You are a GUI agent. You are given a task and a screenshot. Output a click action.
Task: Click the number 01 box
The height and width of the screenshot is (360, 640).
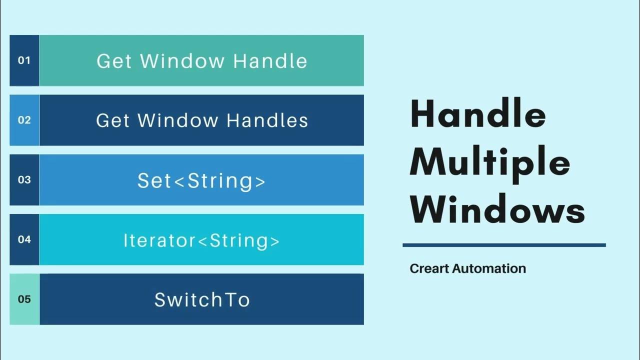click(24, 60)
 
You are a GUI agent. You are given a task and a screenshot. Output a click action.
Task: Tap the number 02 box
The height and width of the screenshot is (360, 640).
click(24, 120)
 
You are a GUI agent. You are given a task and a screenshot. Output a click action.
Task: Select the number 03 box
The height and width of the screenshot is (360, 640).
click(24, 179)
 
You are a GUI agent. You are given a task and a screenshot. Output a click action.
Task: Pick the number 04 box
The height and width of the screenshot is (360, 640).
click(24, 239)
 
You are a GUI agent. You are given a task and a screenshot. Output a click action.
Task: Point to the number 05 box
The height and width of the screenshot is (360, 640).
click(24, 299)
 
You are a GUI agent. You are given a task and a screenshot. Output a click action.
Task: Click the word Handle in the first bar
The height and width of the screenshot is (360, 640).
click(270, 61)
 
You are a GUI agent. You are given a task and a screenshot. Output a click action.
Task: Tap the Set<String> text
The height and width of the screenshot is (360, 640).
click(201, 180)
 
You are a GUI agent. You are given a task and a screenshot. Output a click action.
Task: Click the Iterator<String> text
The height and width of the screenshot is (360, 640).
click(201, 240)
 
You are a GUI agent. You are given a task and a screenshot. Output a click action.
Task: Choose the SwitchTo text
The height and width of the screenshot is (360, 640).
click(201, 300)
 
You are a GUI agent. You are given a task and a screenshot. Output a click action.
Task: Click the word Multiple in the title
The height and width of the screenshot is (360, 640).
click(490, 162)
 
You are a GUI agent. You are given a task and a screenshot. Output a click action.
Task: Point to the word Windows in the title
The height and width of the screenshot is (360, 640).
click(497, 210)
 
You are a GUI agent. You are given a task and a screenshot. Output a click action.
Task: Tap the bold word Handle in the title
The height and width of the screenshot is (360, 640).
click(477, 115)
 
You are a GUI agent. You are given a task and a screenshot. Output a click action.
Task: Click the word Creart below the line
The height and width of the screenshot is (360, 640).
click(429, 268)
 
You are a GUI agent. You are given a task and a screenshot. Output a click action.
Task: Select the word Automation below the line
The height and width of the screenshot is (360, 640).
click(489, 268)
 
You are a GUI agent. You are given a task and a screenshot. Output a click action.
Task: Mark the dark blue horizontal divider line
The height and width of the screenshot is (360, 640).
click(504, 245)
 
